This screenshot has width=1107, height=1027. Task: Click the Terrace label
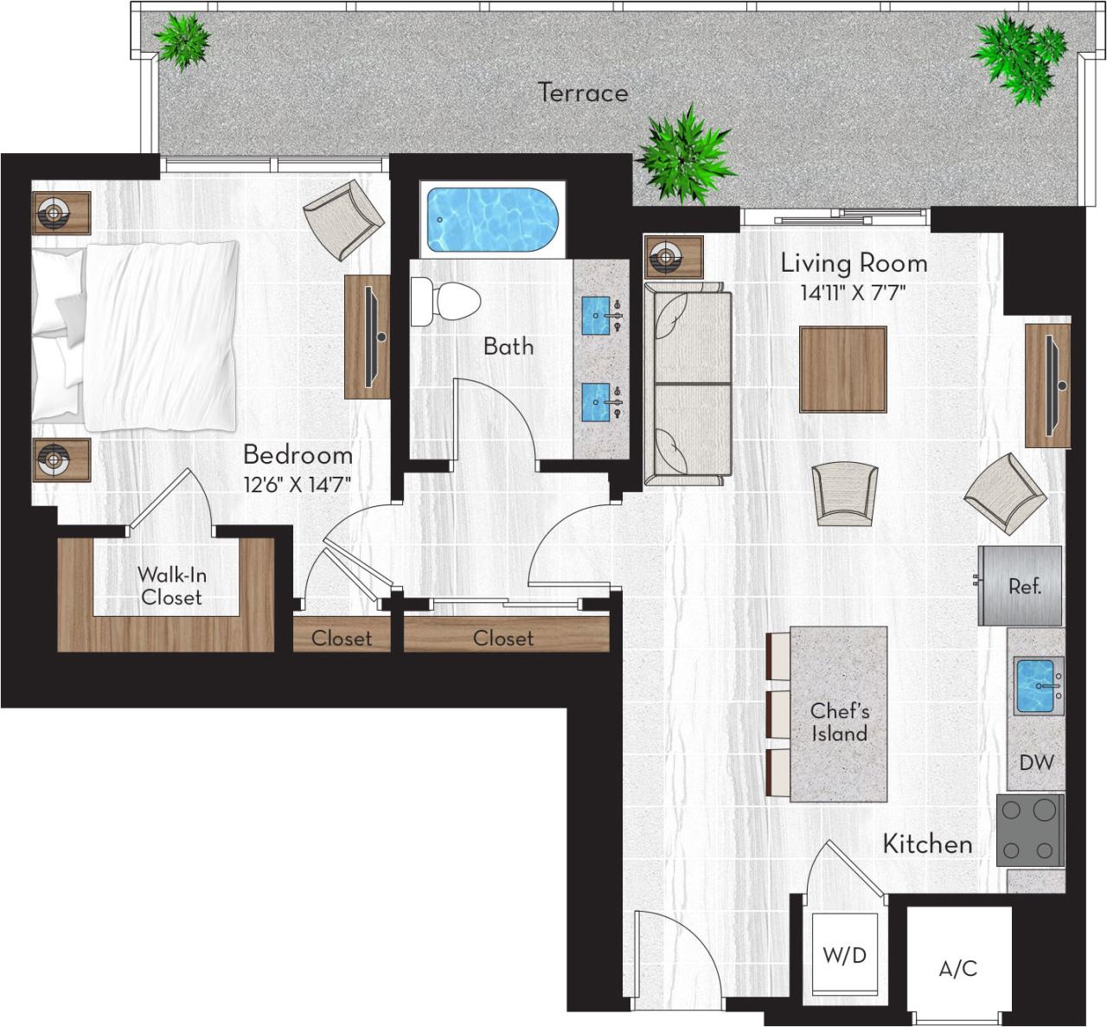coord(583,93)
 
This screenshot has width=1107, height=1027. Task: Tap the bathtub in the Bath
coord(490,220)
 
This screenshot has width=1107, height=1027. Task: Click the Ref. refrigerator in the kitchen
coord(1021,586)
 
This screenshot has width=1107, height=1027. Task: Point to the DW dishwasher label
coord(1036,762)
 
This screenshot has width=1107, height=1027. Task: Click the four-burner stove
coord(1030,830)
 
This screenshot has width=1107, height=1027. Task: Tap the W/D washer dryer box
coord(844,955)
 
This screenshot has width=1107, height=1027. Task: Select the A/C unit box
coord(958,968)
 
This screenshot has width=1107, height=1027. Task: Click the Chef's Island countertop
coord(839,714)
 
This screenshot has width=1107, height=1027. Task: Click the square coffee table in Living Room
coord(842,369)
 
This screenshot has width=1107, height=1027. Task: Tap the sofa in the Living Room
coord(688,383)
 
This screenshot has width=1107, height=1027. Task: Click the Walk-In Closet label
coord(171,586)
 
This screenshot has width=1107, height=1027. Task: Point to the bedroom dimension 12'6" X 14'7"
coord(297,484)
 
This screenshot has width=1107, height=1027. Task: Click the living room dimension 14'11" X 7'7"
coord(852,292)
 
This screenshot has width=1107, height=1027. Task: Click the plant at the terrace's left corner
coord(182,41)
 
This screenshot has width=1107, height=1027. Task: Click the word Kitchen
coord(927,844)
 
